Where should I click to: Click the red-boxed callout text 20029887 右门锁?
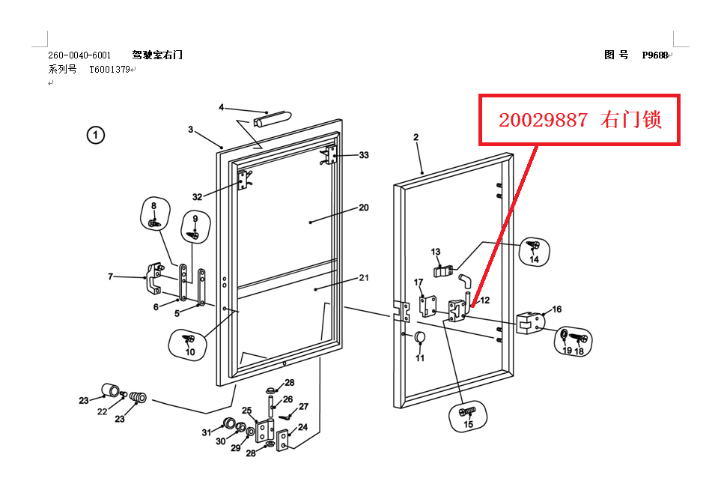(580, 120)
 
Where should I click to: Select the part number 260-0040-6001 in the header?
(79, 55)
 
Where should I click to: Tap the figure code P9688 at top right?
(654, 55)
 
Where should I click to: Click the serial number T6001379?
(109, 70)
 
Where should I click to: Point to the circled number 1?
(95, 135)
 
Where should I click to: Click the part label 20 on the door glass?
(363, 208)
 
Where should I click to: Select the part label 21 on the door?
(363, 278)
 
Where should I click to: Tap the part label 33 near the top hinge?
(364, 155)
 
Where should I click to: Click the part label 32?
(198, 197)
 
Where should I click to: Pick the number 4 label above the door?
(221, 107)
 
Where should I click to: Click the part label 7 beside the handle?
(110, 277)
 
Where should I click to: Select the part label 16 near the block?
(556, 309)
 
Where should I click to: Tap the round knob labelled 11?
(420, 338)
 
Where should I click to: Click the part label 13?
(436, 252)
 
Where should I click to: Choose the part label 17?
(419, 282)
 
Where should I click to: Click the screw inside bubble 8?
(153, 223)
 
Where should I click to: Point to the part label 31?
(207, 432)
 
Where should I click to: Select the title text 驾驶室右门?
(157, 55)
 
